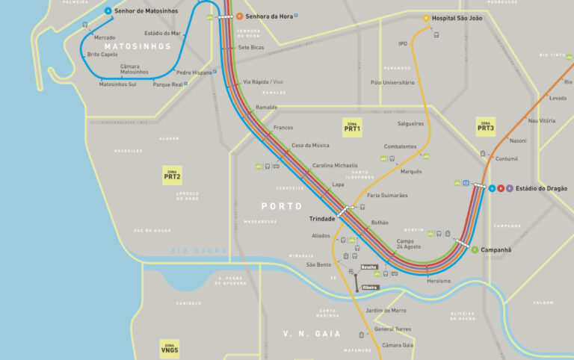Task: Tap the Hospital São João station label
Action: click(457, 18)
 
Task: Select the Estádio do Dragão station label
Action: click(541, 188)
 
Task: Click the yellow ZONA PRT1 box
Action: click(352, 126)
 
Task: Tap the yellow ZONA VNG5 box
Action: click(170, 347)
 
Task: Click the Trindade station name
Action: click(322, 219)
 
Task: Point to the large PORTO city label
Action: click(281, 206)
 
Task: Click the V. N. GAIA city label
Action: click(312, 333)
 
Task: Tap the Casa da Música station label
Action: click(310, 145)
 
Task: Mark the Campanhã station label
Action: click(496, 249)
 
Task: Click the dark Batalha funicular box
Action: click(369, 267)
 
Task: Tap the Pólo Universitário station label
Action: click(392, 83)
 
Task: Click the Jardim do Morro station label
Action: click(386, 310)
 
